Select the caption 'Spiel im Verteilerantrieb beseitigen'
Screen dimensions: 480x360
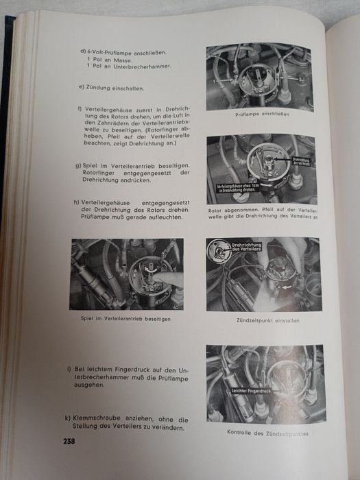125,320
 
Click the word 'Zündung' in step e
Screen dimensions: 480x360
100,87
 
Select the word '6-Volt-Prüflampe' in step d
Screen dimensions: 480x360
108,51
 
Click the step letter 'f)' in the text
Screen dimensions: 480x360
82,108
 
